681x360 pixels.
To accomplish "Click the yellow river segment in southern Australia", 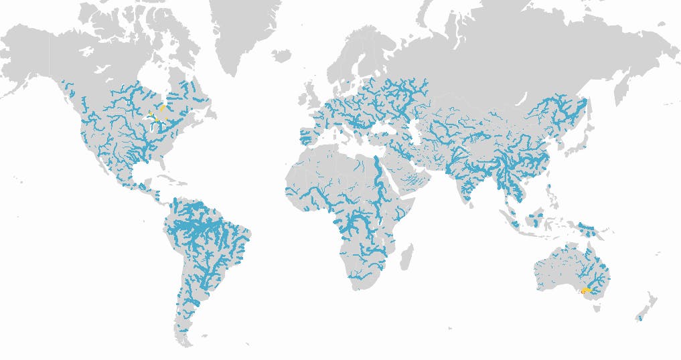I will (x=585, y=291).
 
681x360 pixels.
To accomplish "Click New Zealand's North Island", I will (x=649, y=298).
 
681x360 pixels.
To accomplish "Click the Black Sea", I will (x=385, y=121).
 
